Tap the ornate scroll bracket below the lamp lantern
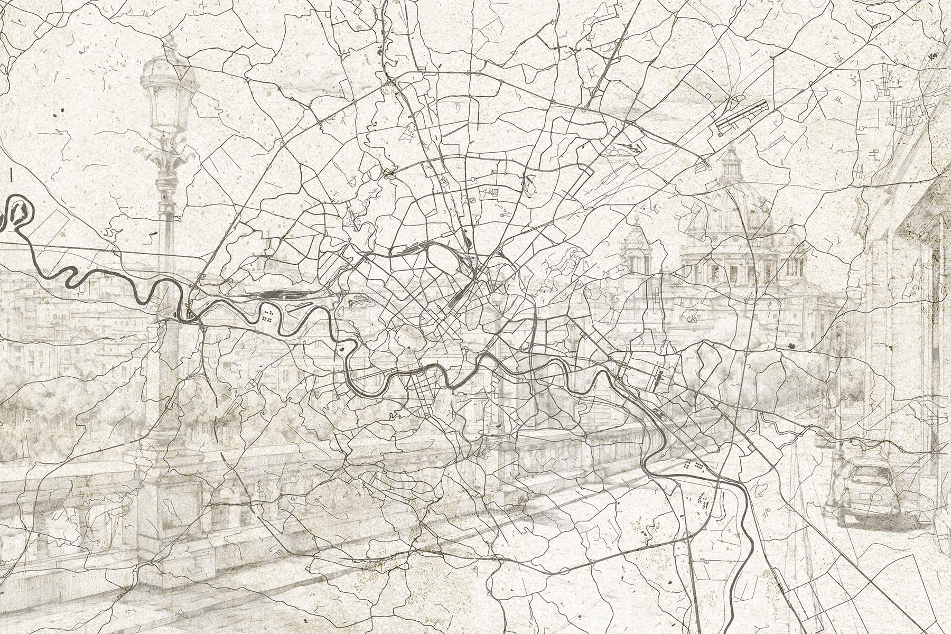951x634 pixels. point(167,158)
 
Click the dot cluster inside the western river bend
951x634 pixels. point(267,316)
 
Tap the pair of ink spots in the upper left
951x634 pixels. point(58,113)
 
